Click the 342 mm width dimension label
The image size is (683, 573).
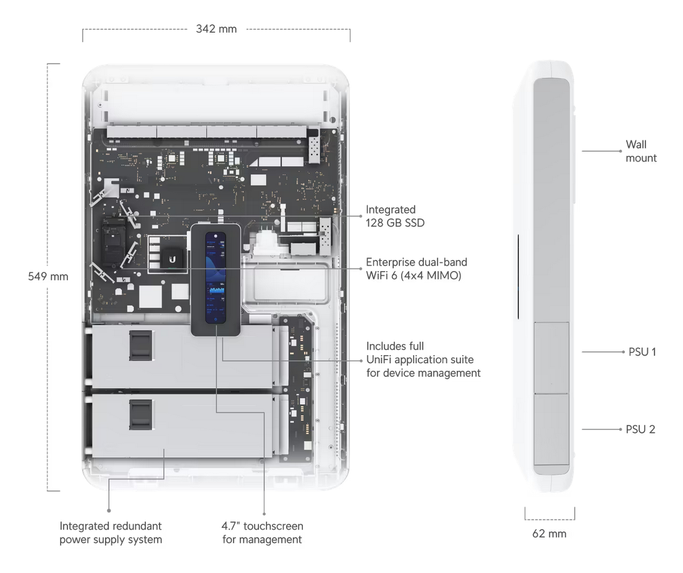click(x=216, y=28)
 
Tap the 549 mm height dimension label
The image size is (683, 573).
click(x=48, y=277)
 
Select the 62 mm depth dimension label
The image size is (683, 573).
click(x=549, y=533)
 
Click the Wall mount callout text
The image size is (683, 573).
click(x=640, y=151)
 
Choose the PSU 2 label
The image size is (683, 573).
click(x=640, y=429)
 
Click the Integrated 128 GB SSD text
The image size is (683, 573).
click(x=395, y=216)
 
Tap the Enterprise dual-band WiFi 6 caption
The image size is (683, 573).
click(x=416, y=269)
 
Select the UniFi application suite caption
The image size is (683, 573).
click(x=423, y=360)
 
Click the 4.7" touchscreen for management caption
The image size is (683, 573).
click(x=262, y=533)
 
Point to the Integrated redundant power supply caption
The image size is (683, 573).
click(x=111, y=533)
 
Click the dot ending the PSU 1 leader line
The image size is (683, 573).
click(x=623, y=351)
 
